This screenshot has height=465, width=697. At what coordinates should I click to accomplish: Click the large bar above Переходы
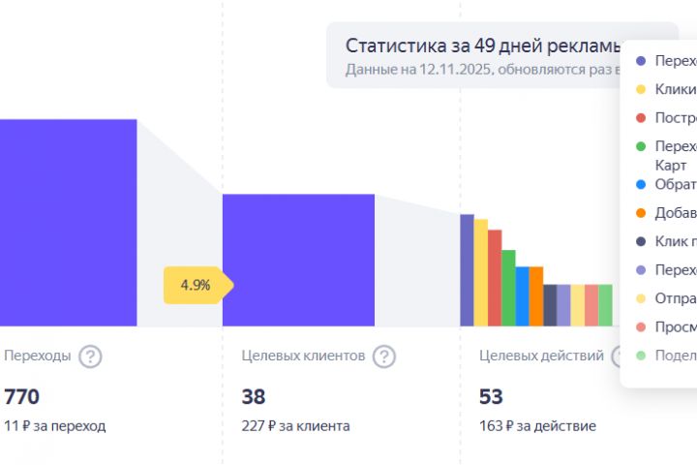tap(68, 223)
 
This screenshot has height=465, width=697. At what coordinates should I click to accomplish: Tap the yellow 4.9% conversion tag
tap(197, 286)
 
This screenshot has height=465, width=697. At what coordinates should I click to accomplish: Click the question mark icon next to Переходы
tap(90, 356)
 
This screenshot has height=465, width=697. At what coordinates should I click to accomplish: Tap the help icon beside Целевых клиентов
tap(384, 356)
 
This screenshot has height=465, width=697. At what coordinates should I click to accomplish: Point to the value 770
tap(21, 396)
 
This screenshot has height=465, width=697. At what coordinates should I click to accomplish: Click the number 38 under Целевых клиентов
tap(254, 396)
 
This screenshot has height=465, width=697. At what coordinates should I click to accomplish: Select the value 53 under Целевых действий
tap(491, 396)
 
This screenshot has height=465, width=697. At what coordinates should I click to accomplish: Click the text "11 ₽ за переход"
tap(55, 425)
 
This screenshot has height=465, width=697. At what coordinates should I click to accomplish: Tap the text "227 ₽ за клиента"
tap(295, 425)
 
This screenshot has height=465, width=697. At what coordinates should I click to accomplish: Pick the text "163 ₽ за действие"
tap(537, 425)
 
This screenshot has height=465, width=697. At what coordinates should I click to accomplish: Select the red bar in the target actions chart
tap(495, 278)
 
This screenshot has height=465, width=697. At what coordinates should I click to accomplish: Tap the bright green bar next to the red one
tap(508, 288)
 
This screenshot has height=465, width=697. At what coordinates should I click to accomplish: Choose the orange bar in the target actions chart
tap(536, 296)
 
